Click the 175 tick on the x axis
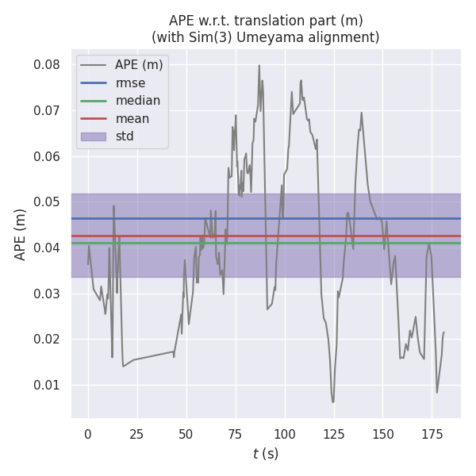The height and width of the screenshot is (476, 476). pos(432,434)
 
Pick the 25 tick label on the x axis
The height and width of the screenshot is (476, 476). pos(137,434)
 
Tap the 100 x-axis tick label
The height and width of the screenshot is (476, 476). pos(284,434)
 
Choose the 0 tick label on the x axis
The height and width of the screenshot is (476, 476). pos(88,434)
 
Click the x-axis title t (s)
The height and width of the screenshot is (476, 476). pos(266,454)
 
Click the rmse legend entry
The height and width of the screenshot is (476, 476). pos(129,83)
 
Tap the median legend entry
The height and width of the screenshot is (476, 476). pos(137,101)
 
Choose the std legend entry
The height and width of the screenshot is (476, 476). pos(125,136)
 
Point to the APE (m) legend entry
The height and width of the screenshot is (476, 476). pos(139,64)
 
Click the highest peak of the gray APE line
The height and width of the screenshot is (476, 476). pos(259,65)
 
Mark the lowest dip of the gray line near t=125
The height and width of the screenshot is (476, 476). pos(333,402)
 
